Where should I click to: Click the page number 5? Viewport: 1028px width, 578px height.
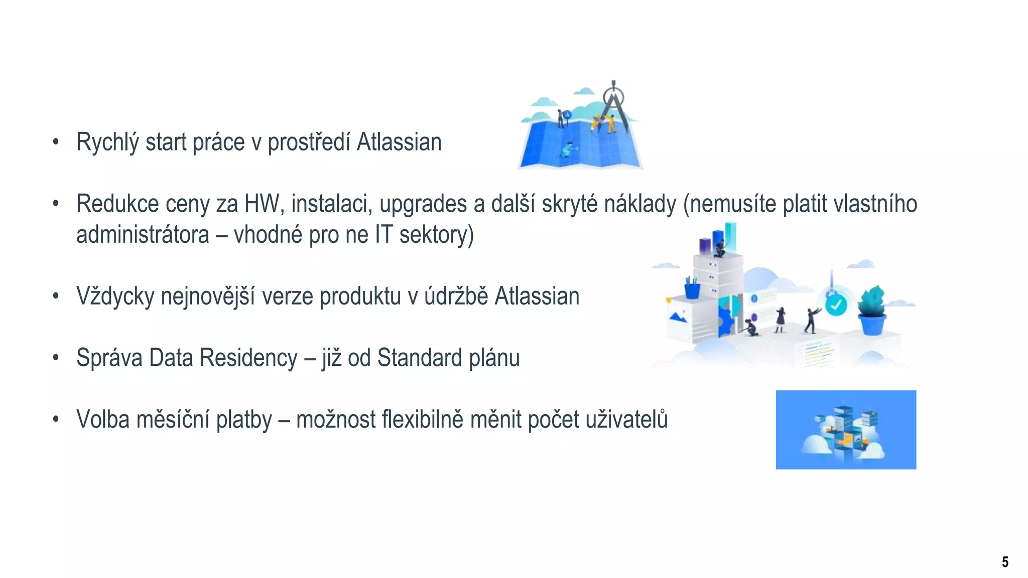(x=1005, y=562)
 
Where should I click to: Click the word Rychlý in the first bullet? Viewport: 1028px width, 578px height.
(x=107, y=142)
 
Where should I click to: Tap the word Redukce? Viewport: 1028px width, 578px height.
(x=117, y=204)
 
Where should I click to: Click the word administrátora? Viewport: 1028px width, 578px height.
(x=143, y=235)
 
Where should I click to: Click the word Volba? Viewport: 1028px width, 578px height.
(x=103, y=419)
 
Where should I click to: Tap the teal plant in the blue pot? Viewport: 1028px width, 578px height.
(x=872, y=301)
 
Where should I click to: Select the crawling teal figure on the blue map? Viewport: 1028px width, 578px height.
(x=568, y=149)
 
